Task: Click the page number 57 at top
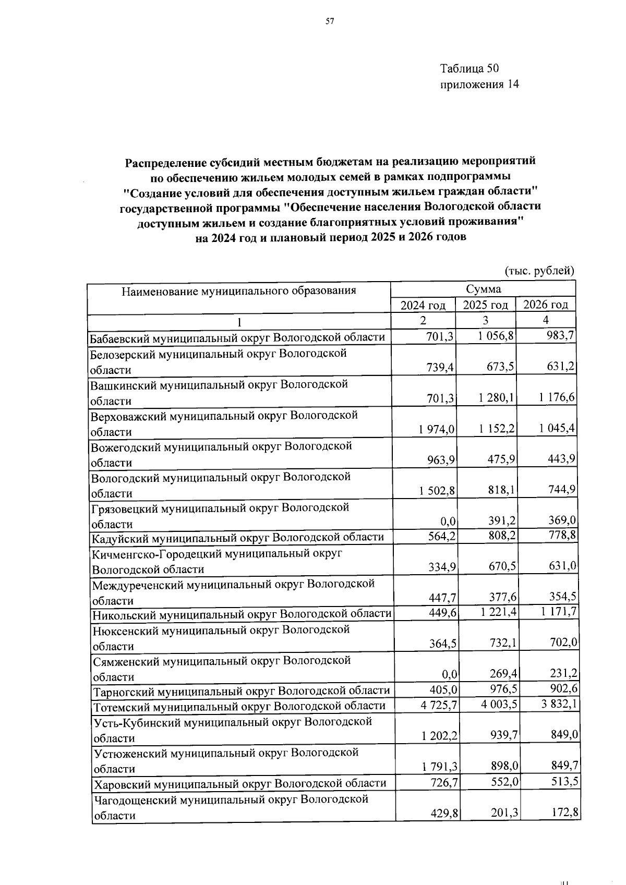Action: click(x=329, y=21)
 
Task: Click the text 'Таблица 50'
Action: click(x=469, y=68)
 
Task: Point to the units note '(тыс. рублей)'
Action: click(x=539, y=271)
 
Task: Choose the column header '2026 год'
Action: click(x=545, y=305)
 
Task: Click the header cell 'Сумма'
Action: click(x=483, y=289)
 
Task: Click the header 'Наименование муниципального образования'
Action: click(x=239, y=290)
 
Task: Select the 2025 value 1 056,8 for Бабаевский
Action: click(x=496, y=336)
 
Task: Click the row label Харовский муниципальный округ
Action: click(x=239, y=783)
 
